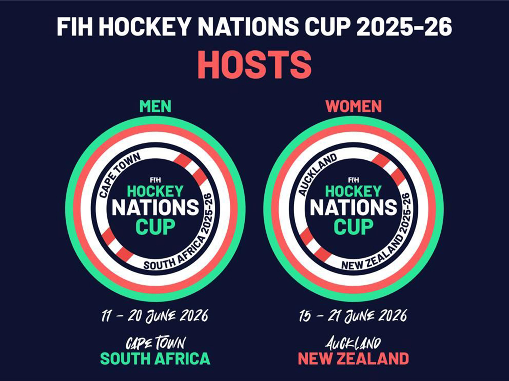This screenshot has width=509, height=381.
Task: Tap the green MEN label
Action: coord(155,106)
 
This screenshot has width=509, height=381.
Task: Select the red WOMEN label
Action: coord(353,106)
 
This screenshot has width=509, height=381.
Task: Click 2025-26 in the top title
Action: coord(404,27)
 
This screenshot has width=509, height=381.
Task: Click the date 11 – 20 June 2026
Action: coord(155,316)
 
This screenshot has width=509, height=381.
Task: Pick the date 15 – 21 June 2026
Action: coord(353,316)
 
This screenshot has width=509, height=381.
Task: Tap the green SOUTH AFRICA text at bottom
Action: coord(155,358)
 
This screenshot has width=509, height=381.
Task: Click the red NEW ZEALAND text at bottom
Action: coord(353,358)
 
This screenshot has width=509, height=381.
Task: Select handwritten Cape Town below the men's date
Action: coord(155,343)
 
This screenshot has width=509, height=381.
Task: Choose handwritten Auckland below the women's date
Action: coord(353,343)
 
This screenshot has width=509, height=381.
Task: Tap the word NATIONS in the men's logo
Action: coord(155,208)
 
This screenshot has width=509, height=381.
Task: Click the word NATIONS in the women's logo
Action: coord(353,208)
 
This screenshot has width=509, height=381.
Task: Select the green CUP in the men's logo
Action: coord(155,226)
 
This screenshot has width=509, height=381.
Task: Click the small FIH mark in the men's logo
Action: coord(155,180)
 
